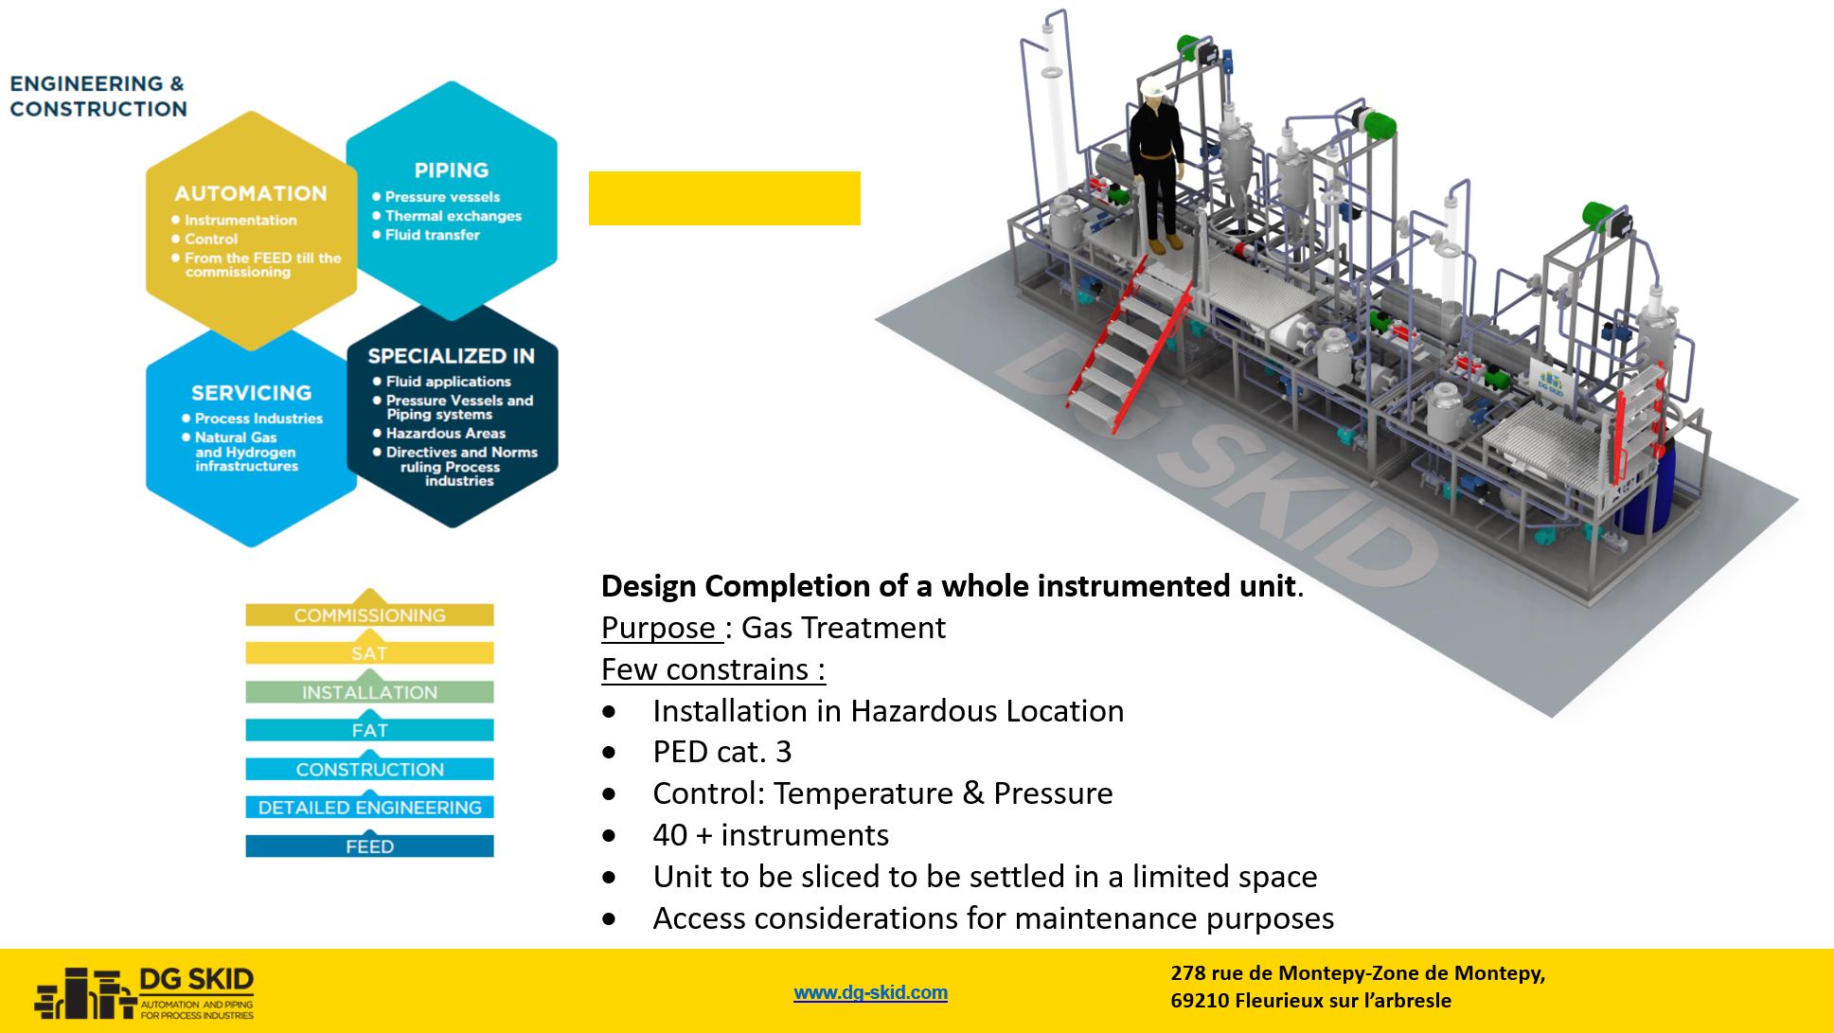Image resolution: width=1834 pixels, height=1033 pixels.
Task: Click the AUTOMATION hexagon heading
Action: [x=251, y=193]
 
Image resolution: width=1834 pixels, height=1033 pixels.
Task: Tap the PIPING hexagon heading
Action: [x=452, y=170]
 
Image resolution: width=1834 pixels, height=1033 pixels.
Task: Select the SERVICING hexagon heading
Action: [x=251, y=393]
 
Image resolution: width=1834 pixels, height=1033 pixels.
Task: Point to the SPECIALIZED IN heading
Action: [x=451, y=356]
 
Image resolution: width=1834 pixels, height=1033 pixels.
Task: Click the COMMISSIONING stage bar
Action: [x=369, y=614]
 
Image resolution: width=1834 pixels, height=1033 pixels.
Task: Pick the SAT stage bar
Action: [x=369, y=653]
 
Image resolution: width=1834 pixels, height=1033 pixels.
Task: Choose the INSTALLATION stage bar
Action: [x=369, y=692]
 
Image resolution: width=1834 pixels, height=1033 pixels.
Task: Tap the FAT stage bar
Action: [x=369, y=730]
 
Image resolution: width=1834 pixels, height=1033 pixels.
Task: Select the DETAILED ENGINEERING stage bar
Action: [x=369, y=808]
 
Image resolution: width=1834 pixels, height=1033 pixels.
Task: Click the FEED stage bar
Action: [x=369, y=846]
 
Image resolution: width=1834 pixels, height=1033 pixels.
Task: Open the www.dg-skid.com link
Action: [x=870, y=992]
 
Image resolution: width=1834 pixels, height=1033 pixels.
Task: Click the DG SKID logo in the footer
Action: [x=145, y=992]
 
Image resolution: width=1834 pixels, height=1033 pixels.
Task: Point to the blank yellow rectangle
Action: [x=724, y=198]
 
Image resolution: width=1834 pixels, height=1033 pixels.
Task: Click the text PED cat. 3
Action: [x=721, y=752]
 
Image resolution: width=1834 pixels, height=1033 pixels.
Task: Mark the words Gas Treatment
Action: [x=844, y=628]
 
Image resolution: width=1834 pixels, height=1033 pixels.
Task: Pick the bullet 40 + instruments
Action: [x=771, y=835]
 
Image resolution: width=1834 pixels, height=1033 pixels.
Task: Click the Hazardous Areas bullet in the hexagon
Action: [x=446, y=434]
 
